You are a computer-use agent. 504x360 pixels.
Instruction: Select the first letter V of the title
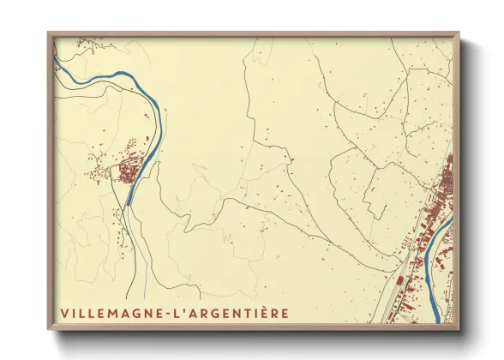click(x=64, y=313)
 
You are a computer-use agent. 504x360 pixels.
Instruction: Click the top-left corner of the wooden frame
click(x=48, y=33)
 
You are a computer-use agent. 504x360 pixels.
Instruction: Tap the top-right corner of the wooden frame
click(x=459, y=33)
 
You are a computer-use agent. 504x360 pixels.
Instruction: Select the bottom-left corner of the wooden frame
click(x=48, y=329)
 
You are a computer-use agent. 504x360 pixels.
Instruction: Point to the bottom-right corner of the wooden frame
click(x=459, y=329)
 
